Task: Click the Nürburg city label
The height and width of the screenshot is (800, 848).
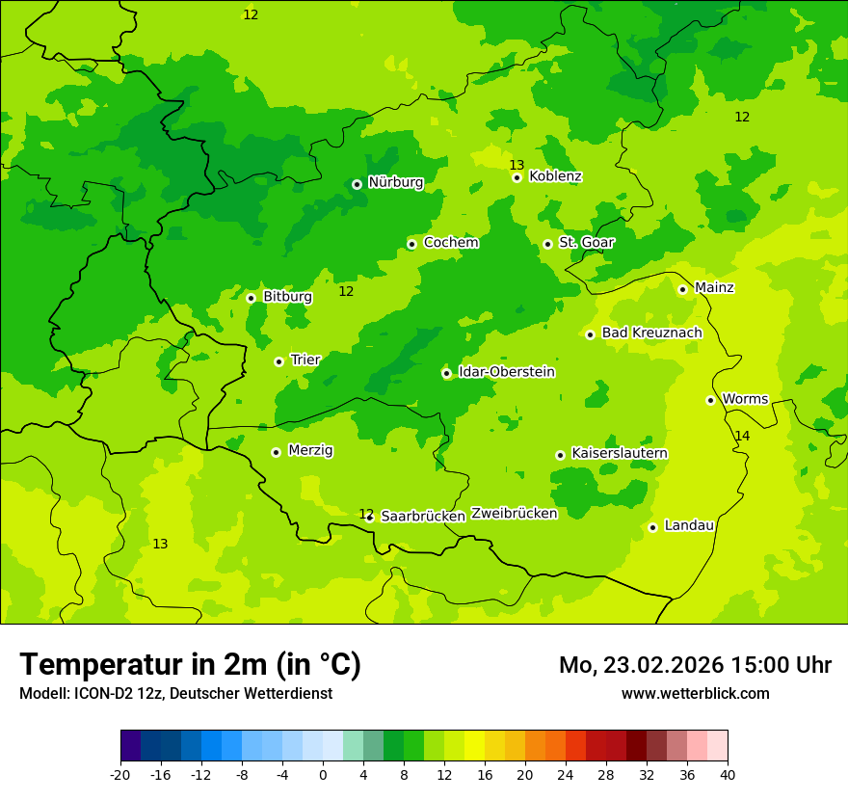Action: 395,182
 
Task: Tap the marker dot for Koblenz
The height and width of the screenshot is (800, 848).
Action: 517,177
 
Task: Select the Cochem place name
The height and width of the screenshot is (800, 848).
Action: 450,243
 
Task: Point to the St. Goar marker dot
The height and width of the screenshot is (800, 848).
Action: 547,244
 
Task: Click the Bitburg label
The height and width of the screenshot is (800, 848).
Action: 287,297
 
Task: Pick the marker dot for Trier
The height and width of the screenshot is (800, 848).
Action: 278,361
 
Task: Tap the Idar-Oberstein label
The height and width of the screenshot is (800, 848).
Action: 506,372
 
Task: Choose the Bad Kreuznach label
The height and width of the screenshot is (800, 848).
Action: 651,333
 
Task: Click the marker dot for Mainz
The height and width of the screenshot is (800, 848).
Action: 682,289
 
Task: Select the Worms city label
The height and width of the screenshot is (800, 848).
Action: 745,399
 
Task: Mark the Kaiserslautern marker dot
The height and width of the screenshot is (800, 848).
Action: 560,455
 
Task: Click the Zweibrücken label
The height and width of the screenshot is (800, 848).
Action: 514,514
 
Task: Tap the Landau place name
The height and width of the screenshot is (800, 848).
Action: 689,525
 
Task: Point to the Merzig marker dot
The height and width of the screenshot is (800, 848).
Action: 276,452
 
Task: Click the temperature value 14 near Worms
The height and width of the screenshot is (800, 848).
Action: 742,437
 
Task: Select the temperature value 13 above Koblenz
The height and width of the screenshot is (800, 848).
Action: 517,165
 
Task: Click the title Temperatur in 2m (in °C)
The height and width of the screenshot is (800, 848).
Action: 190,664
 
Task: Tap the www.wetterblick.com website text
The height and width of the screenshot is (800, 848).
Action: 695,694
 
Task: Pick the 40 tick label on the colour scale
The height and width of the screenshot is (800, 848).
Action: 727,774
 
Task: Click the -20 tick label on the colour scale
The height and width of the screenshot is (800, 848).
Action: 120,774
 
